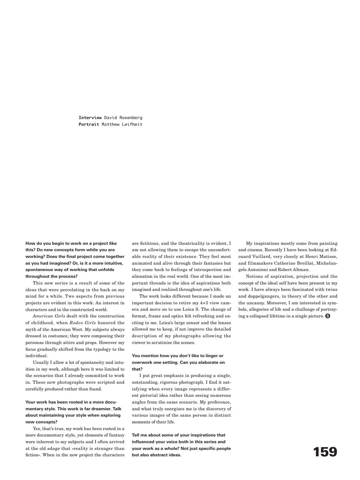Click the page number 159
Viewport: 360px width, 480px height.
(325, 452)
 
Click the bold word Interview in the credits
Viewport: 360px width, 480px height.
(90, 118)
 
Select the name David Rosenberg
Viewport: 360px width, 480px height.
(123, 118)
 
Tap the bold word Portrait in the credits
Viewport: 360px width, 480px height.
(89, 124)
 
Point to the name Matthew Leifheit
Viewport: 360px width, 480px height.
(122, 124)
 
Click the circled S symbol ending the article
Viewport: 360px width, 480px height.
(327, 316)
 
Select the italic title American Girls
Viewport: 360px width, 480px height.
(49, 316)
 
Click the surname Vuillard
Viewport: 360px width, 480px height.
(254, 257)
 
